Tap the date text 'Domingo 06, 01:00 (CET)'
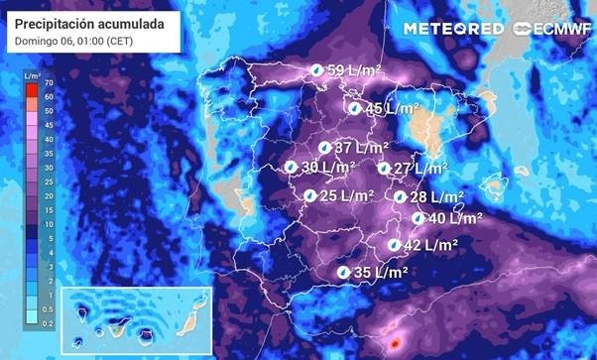(x=75, y=42)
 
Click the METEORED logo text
(x=453, y=29)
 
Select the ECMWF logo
(x=547, y=29)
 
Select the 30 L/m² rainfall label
(x=328, y=168)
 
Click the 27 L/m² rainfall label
(x=417, y=169)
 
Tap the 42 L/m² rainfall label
(x=430, y=245)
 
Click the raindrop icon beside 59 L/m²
(x=315, y=71)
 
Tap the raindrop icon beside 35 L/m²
(x=343, y=272)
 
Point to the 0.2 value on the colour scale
(x=48, y=323)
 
